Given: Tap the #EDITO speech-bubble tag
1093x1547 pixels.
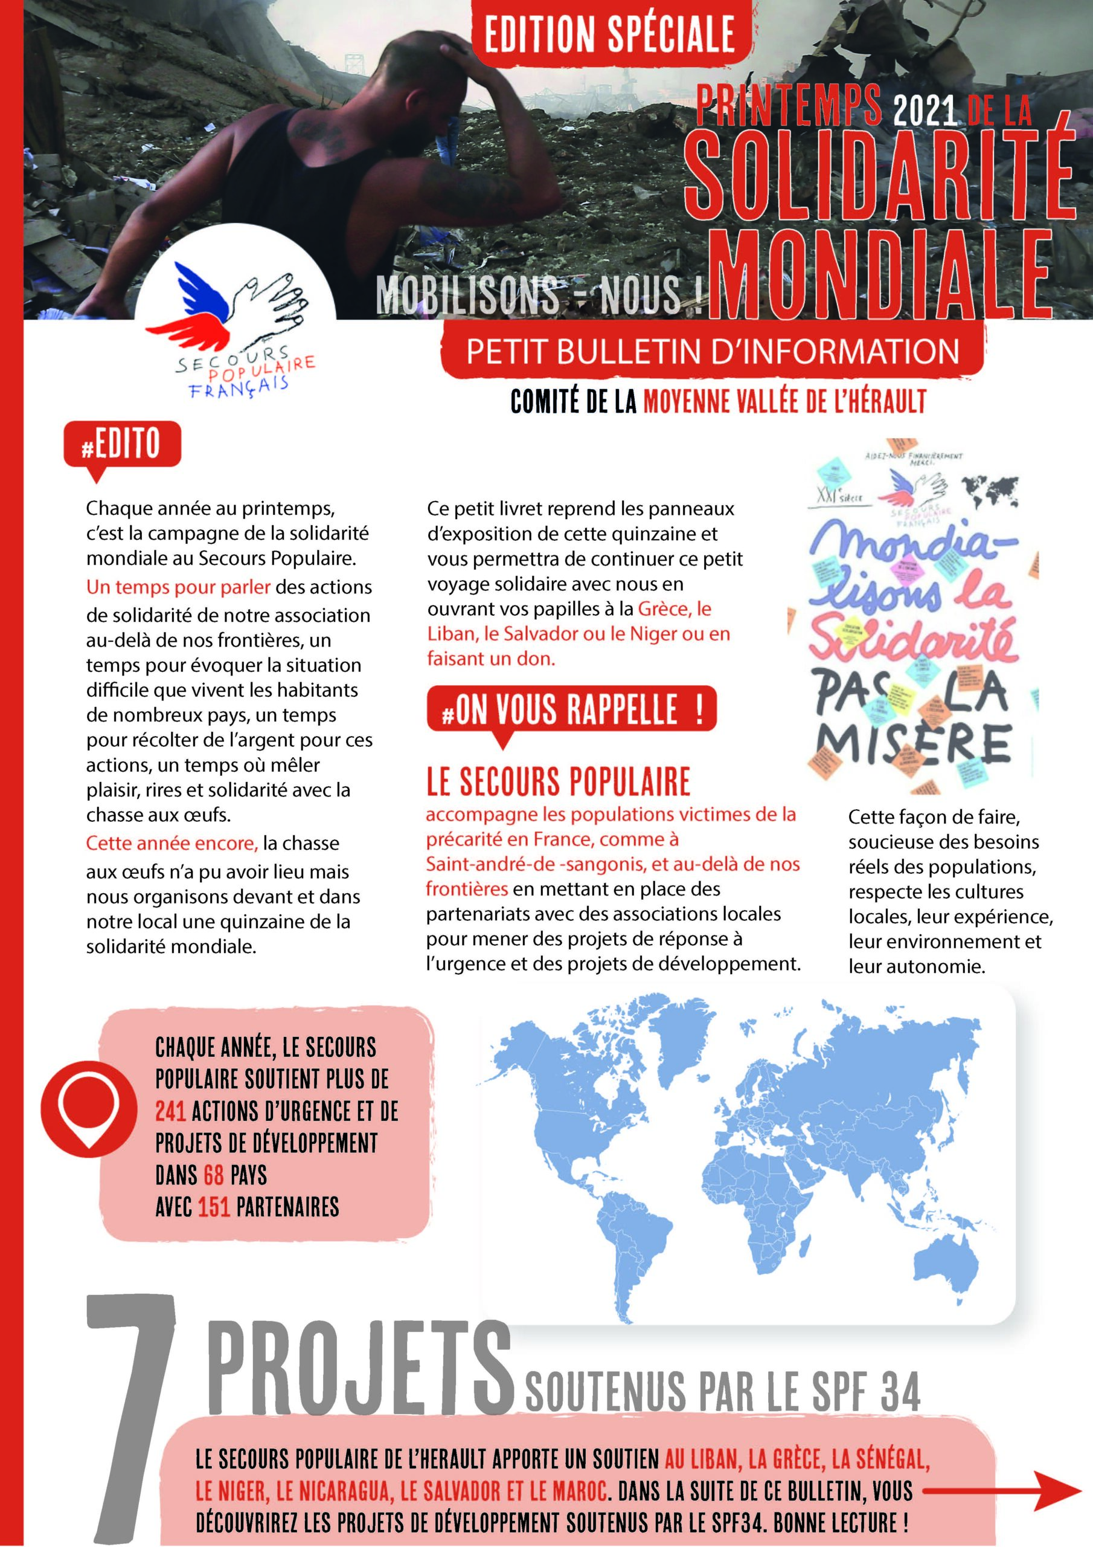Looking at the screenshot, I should pyautogui.click(x=122, y=445).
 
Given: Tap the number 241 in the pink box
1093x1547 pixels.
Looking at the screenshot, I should pyautogui.click(x=170, y=1110).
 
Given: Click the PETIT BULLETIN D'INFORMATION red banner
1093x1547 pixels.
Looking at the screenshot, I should pyautogui.click(x=713, y=352).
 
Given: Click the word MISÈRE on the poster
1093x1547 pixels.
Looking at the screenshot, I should pyautogui.click(x=914, y=744).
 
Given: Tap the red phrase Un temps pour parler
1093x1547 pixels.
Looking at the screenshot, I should pyautogui.click(x=178, y=587).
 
